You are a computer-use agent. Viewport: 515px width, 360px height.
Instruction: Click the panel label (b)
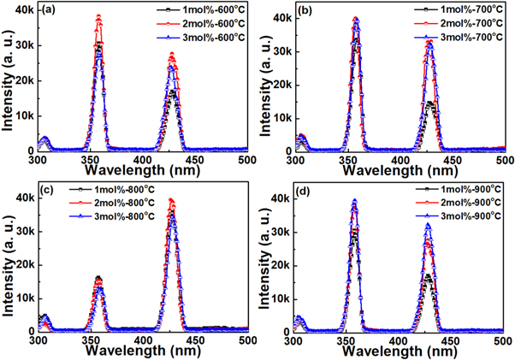(x=305, y=12)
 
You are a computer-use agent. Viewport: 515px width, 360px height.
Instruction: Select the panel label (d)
(x=305, y=192)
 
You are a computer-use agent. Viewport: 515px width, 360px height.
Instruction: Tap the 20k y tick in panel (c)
(x=23, y=265)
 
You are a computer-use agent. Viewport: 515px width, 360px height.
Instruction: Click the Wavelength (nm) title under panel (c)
(x=142, y=351)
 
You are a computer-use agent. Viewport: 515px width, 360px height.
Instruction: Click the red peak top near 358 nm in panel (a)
(x=98, y=16)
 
